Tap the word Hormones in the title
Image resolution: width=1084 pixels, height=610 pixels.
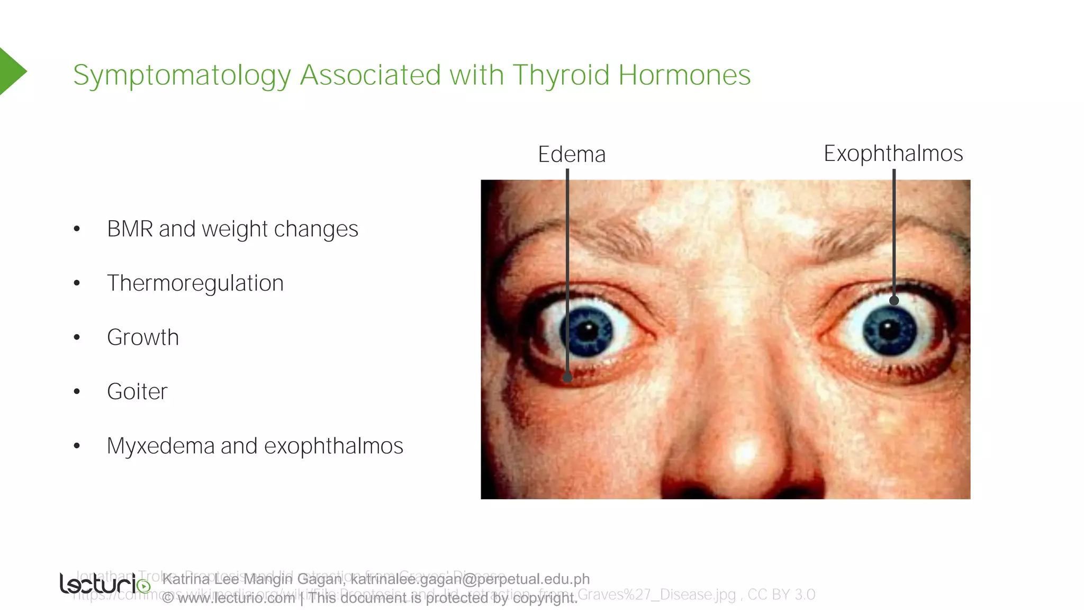coord(684,75)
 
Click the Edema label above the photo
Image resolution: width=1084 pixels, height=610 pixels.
coord(572,155)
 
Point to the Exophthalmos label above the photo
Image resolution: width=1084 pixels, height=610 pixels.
coord(893,154)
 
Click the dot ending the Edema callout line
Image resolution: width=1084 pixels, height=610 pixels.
coord(567,378)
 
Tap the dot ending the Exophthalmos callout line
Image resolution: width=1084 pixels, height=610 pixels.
coord(894,300)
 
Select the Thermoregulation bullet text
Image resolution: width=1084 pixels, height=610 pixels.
coord(195,283)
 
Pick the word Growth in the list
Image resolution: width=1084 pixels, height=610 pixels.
coord(143,338)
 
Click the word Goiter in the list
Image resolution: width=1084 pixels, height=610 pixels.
coord(137,392)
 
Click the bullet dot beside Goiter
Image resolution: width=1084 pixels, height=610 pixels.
coord(77,392)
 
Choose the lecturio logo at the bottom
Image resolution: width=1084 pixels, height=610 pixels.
coord(105,584)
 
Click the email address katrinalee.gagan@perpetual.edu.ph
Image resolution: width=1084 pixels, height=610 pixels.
coord(470,579)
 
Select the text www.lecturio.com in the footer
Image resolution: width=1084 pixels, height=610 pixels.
coord(236,598)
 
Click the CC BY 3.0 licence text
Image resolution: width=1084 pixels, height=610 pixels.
coord(781,595)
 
